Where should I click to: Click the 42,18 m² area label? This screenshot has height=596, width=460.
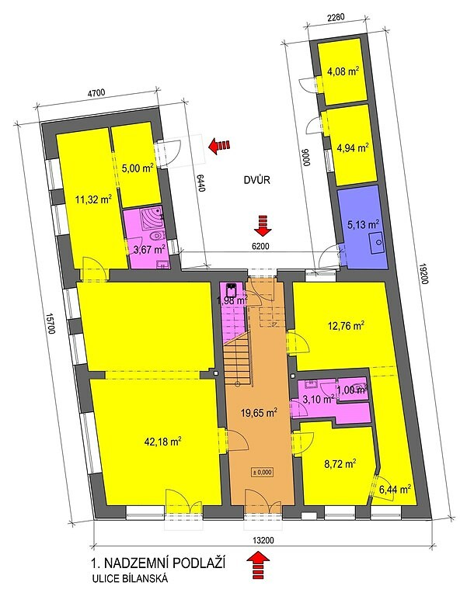[162, 442]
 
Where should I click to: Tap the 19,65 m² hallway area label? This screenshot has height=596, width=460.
[259, 412]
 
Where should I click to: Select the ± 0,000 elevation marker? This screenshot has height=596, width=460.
[262, 472]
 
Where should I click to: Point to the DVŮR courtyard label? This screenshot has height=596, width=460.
[257, 180]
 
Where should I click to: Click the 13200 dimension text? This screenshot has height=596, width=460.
[263, 540]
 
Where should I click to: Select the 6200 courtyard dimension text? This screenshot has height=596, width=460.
[261, 246]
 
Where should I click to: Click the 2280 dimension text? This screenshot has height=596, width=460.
[336, 16]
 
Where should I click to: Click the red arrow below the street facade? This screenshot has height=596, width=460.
[258, 566]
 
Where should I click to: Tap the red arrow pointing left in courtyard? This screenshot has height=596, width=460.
[220, 145]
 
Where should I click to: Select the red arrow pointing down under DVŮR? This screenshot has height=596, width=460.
[263, 225]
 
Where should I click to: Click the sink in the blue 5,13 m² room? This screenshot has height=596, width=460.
[378, 241]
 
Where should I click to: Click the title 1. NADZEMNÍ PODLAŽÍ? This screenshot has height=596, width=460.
[158, 563]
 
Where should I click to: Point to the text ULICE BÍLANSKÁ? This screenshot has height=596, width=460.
[129, 579]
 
